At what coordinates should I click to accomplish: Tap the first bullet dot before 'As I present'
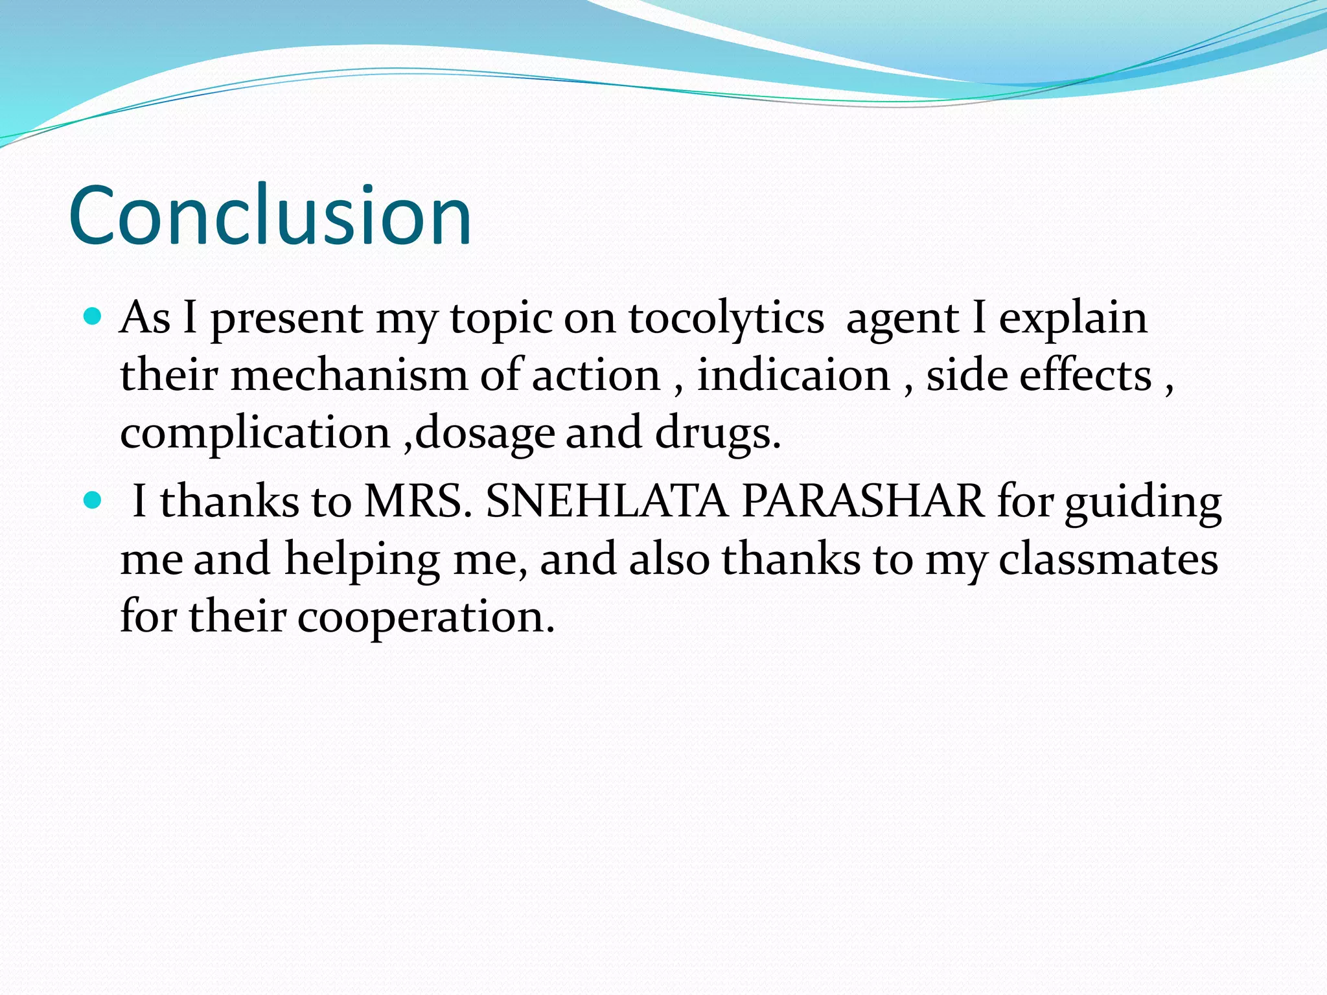click(93, 317)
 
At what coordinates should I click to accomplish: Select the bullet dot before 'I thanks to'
click(93, 500)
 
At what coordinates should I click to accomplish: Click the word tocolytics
click(726, 319)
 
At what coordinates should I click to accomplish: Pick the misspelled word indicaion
click(793, 376)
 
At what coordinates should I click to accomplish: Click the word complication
click(255, 433)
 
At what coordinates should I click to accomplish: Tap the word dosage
click(485, 433)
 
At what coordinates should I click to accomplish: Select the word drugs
click(717, 433)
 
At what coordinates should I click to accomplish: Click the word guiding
click(1143, 503)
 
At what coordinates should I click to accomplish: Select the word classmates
click(1107, 558)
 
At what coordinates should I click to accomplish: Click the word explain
click(1072, 319)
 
